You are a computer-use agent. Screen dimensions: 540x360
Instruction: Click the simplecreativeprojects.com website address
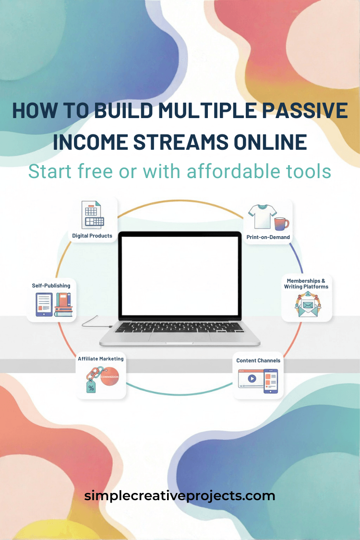pyautogui.click(x=180, y=495)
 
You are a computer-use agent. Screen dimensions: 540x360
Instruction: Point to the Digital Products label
pyautogui.click(x=92, y=236)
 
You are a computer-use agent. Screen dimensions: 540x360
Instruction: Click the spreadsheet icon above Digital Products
pyautogui.click(x=94, y=216)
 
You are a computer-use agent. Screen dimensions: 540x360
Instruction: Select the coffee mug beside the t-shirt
pyautogui.click(x=281, y=223)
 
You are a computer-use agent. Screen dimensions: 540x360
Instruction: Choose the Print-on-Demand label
pyautogui.click(x=268, y=237)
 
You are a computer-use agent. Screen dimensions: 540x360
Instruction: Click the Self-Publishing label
pyautogui.click(x=51, y=286)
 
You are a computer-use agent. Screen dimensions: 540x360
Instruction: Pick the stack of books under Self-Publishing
pyautogui.click(x=63, y=305)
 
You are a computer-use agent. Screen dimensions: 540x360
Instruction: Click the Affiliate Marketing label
pyautogui.click(x=101, y=359)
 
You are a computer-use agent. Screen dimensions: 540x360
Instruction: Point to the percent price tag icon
pyautogui.click(x=91, y=386)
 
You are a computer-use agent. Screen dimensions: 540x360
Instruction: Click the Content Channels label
pyautogui.click(x=258, y=360)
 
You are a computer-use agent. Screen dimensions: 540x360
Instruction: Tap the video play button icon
pyautogui.click(x=252, y=378)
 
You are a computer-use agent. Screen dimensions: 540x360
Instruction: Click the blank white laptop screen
pyautogui.click(x=180, y=273)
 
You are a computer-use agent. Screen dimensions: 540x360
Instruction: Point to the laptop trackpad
pyautogui.click(x=179, y=337)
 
